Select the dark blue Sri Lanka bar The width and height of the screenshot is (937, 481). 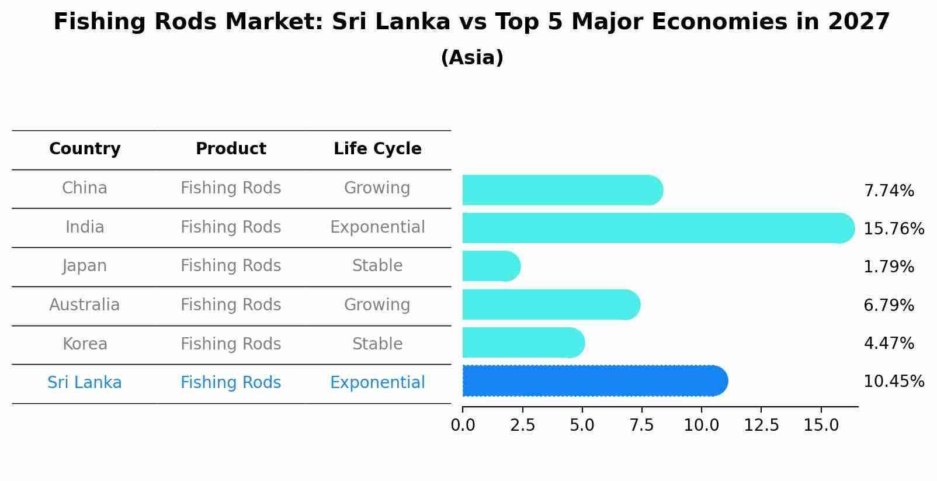point(594,381)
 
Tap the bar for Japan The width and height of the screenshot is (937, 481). point(491,267)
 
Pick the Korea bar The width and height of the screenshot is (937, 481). point(523,342)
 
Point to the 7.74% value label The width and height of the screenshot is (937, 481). point(889,191)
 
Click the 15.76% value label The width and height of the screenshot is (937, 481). point(893,229)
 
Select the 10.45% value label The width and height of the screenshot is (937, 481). point(893,382)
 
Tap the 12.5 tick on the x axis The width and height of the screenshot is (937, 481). point(761,425)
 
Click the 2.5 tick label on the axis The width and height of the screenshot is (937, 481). point(522,425)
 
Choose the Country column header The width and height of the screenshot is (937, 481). point(85,149)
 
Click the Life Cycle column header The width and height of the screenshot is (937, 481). point(377,149)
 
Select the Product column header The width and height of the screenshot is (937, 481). point(231,149)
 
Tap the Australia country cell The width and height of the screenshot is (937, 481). point(85,305)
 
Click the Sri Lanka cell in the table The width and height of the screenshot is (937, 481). point(85,383)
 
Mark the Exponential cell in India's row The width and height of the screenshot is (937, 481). point(377,227)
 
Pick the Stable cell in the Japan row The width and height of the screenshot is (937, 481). point(377,266)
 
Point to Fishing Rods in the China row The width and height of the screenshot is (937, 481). point(231,188)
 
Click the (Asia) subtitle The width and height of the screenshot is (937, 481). point(472,58)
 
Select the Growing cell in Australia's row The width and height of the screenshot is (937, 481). point(377,305)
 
